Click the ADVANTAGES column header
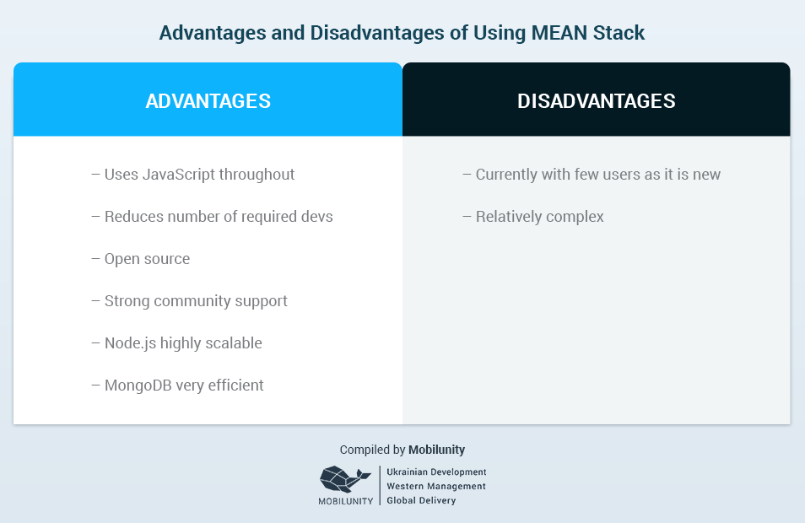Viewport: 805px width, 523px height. coord(208,101)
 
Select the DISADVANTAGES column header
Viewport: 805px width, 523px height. coord(596,101)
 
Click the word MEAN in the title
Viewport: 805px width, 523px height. coord(559,33)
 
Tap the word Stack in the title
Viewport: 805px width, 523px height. coord(619,33)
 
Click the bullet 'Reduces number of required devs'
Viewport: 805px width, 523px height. coord(212,217)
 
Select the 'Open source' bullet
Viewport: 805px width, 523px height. coord(141,259)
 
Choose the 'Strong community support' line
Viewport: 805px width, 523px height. coord(190,301)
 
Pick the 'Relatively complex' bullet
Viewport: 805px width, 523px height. coord(533,217)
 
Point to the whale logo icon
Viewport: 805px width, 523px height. coord(345,479)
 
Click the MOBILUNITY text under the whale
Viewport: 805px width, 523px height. coord(345,501)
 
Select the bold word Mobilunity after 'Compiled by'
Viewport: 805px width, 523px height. coord(437,450)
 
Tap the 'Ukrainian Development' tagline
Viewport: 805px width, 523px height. coord(436,472)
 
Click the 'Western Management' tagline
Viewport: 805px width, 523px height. coord(436,486)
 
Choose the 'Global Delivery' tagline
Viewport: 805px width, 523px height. coord(422,500)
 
